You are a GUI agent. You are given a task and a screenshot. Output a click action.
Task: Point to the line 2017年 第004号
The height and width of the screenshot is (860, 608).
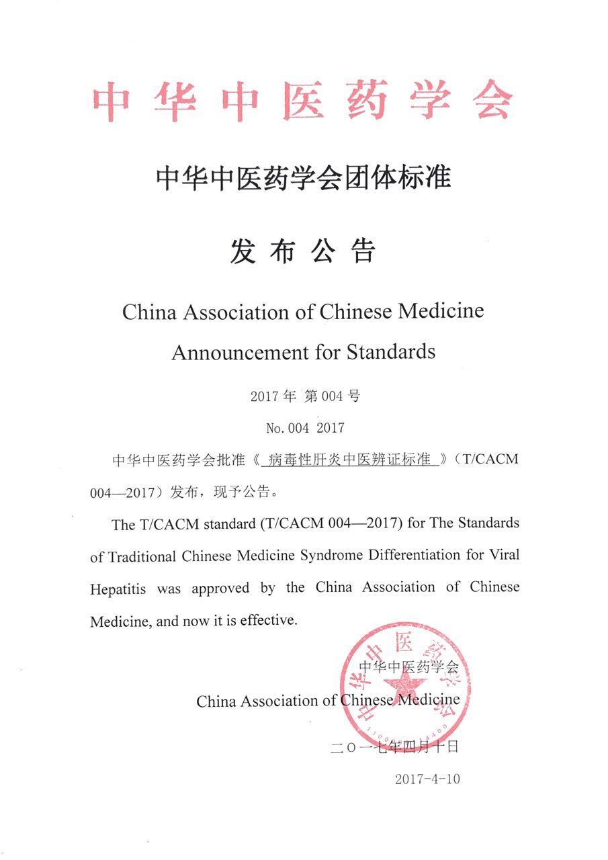click(x=305, y=396)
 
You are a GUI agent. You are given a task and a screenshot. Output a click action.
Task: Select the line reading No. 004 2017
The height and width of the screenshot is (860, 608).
click(x=305, y=427)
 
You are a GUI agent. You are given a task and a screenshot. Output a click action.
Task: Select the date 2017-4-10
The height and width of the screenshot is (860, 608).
click(x=427, y=779)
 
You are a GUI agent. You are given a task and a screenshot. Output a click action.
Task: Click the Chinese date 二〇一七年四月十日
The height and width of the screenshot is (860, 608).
click(x=395, y=747)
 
